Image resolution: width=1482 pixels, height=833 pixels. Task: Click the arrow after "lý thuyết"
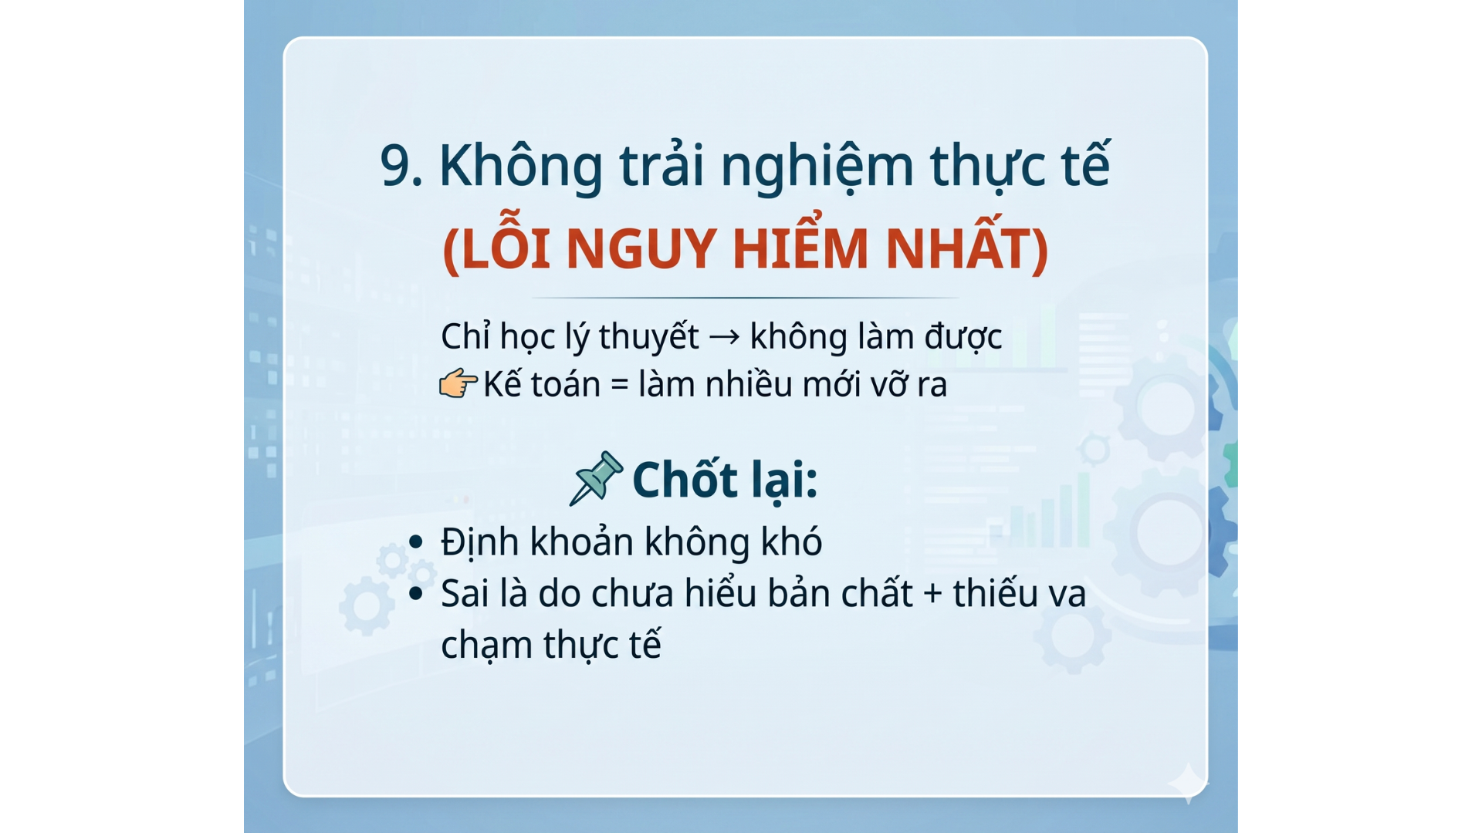[724, 337]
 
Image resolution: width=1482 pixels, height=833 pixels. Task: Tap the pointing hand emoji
[458, 383]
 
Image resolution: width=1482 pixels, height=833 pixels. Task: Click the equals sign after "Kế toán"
[619, 384]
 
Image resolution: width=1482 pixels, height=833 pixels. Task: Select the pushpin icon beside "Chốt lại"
[595, 478]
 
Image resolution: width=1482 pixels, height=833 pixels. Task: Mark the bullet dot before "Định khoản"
[416, 541]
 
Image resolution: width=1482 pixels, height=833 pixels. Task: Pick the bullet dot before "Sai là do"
[416, 593]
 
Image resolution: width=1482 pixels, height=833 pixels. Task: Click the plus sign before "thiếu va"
[932, 594]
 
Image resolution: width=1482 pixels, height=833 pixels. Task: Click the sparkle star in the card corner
[1188, 783]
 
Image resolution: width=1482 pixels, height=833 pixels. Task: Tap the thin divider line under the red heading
[745, 297]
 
